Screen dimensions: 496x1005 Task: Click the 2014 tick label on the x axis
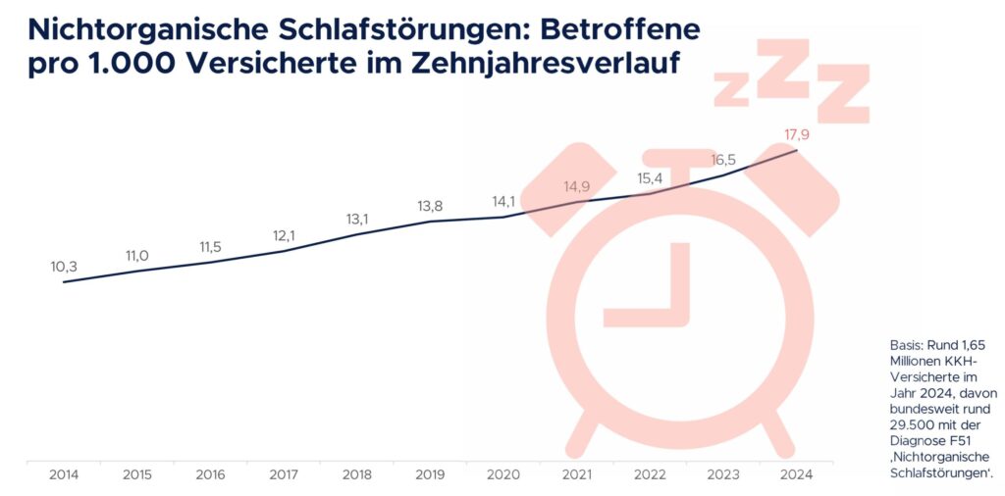click(x=64, y=475)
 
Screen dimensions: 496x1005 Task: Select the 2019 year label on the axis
click(x=431, y=475)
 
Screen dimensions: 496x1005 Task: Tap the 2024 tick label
click(x=796, y=475)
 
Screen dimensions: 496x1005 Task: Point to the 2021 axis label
click(x=577, y=475)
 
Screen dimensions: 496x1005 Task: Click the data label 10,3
click(x=64, y=266)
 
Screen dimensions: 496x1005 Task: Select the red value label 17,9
click(x=797, y=134)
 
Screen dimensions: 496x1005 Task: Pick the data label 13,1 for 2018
click(x=357, y=219)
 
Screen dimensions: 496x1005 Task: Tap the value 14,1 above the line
click(x=504, y=202)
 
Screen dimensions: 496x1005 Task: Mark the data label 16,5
click(x=724, y=159)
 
